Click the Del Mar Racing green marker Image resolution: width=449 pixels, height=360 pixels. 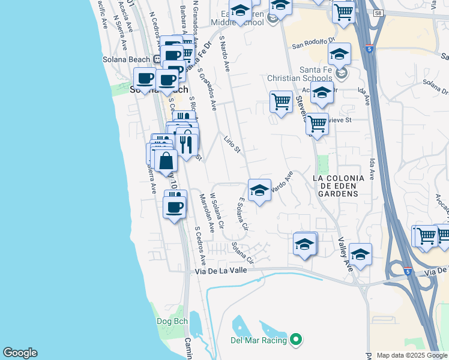[295, 340]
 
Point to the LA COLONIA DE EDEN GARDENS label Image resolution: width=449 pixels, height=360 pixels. [336, 186]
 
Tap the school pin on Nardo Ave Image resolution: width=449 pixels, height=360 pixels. [259, 191]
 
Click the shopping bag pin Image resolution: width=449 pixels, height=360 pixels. [166, 161]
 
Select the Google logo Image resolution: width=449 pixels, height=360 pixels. [20, 353]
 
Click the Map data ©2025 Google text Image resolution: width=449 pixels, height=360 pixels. [411, 355]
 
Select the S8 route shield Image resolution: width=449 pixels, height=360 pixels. [377, 13]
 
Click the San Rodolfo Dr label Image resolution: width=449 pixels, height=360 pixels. [313, 43]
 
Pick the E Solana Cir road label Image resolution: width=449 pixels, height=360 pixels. [242, 215]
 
